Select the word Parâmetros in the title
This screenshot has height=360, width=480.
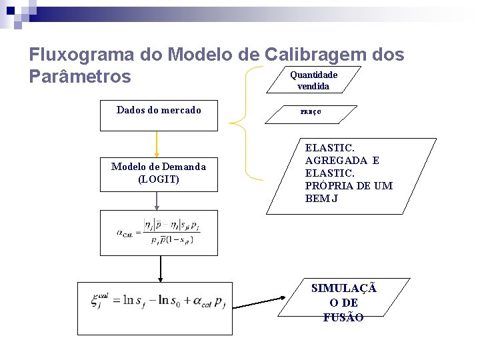pyautogui.click(x=80, y=77)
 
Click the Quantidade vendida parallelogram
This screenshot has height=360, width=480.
pyautogui.click(x=313, y=80)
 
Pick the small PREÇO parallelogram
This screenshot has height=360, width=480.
pyautogui.click(x=310, y=113)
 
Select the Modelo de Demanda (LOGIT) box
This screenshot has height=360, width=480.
pyautogui.click(x=158, y=173)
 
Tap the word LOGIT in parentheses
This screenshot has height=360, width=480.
pyautogui.click(x=159, y=179)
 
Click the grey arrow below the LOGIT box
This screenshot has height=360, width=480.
pyautogui.click(x=157, y=200)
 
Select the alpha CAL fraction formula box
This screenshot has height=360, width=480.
pyautogui.click(x=158, y=233)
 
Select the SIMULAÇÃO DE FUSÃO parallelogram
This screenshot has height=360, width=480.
pyautogui.click(x=343, y=304)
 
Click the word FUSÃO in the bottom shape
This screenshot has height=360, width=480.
pyautogui.click(x=343, y=318)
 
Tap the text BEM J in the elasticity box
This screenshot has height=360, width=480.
pyautogui.click(x=322, y=198)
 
